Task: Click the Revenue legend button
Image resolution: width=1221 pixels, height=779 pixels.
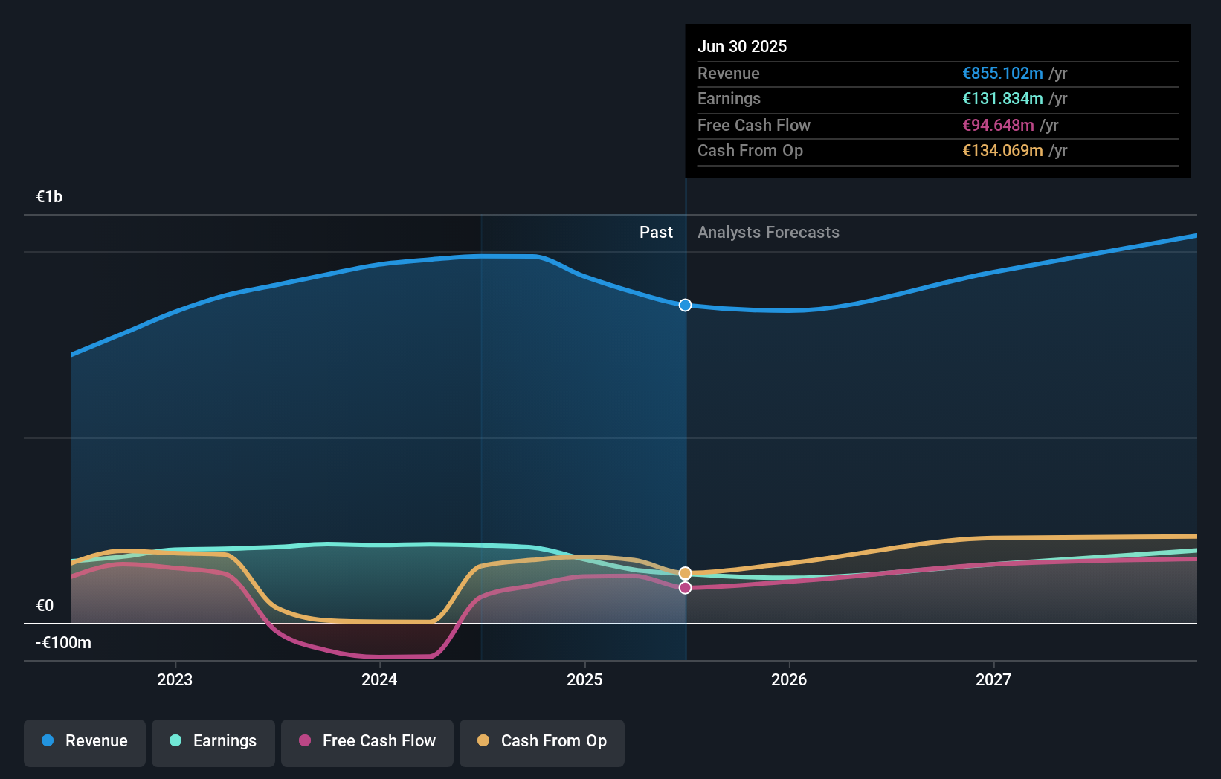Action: pyautogui.click(x=85, y=741)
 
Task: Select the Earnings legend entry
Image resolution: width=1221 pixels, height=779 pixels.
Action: pyautogui.click(x=213, y=741)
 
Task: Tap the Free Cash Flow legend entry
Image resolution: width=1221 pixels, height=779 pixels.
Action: pyautogui.click(x=367, y=741)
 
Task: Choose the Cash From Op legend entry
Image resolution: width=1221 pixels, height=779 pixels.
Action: pyautogui.click(x=542, y=741)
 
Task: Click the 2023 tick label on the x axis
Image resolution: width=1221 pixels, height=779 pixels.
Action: pyautogui.click(x=175, y=679)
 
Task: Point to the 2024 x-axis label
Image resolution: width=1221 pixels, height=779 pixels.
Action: pyautogui.click(x=379, y=679)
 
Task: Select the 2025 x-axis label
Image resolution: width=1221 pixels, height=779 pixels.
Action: pyautogui.click(x=584, y=679)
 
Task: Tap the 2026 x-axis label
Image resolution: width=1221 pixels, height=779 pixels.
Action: pyautogui.click(x=789, y=679)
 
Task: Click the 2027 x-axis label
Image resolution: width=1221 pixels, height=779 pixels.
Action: pyautogui.click(x=993, y=679)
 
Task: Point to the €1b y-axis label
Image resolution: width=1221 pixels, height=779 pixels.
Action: pyautogui.click(x=50, y=197)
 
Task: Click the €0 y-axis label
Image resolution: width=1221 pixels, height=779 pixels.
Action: pyautogui.click(x=45, y=606)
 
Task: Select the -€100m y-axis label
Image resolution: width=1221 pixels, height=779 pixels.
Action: pyautogui.click(x=64, y=643)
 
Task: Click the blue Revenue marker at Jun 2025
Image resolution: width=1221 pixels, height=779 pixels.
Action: pyautogui.click(x=685, y=306)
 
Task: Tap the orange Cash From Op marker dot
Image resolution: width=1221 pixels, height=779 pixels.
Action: pyautogui.click(x=685, y=573)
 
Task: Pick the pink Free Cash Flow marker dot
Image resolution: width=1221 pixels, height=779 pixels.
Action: pyautogui.click(x=685, y=588)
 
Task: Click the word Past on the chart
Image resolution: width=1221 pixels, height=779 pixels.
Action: pyautogui.click(x=656, y=233)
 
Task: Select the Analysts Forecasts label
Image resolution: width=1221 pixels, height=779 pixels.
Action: pyautogui.click(x=768, y=233)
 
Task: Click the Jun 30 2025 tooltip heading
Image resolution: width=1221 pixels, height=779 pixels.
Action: pyautogui.click(x=742, y=47)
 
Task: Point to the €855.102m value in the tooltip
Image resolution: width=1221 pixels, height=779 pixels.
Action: pyautogui.click(x=1002, y=74)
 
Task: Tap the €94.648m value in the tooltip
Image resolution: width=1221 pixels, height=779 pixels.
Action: pyautogui.click(x=998, y=126)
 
